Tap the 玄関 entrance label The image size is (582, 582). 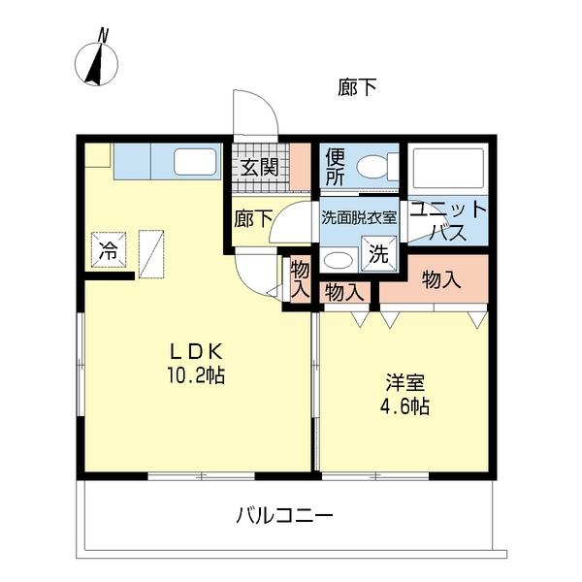(x=258, y=167)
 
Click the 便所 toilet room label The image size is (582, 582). (x=336, y=166)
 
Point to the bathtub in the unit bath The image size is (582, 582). (x=446, y=168)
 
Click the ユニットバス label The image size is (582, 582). (x=448, y=220)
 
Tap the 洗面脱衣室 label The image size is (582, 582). (x=359, y=217)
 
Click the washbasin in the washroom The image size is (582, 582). (x=338, y=259)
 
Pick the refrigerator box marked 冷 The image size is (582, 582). (x=108, y=248)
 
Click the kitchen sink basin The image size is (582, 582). (x=197, y=162)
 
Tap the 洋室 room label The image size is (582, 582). (x=402, y=381)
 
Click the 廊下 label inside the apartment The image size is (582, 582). (x=252, y=218)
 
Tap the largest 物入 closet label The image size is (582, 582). (x=441, y=279)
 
